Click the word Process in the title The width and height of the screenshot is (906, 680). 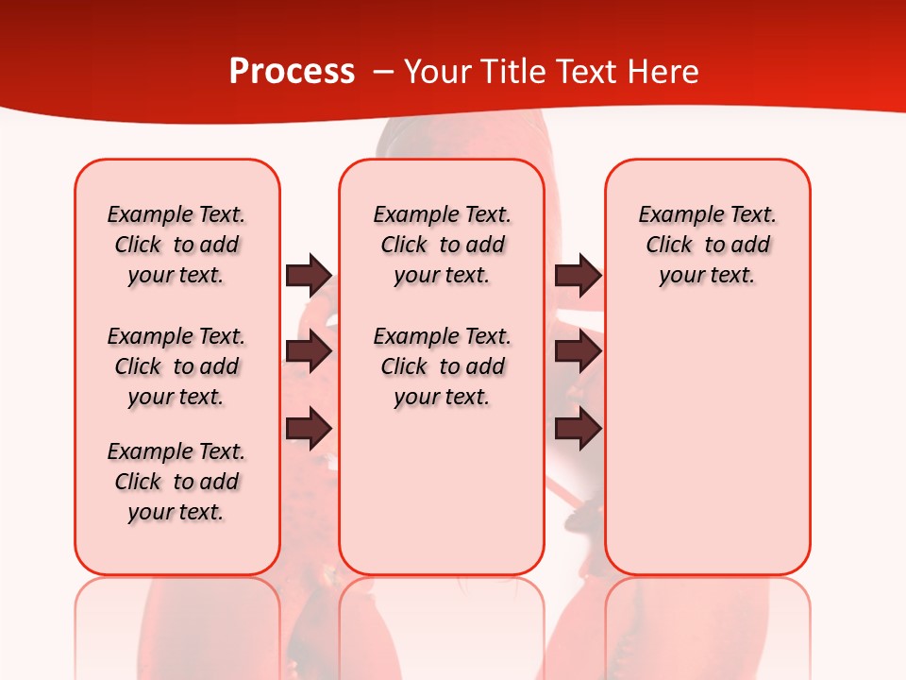coord(292,72)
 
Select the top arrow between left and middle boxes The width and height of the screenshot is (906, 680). coord(309,275)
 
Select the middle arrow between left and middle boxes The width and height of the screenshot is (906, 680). coord(309,351)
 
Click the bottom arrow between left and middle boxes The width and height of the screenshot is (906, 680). coord(309,428)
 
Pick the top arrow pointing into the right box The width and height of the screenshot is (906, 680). coord(578,275)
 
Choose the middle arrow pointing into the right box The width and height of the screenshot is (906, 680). coord(578,351)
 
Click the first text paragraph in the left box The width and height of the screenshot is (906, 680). coord(176,245)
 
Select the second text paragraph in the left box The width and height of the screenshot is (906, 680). coord(176,366)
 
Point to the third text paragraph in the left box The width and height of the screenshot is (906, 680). coord(176,482)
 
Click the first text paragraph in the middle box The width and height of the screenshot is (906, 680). coord(442,245)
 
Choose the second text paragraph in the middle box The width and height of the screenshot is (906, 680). coord(442,366)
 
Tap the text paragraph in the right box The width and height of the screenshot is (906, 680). coord(707,245)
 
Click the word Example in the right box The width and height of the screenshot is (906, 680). coord(673,215)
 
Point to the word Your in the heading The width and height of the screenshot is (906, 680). coord(437,72)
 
